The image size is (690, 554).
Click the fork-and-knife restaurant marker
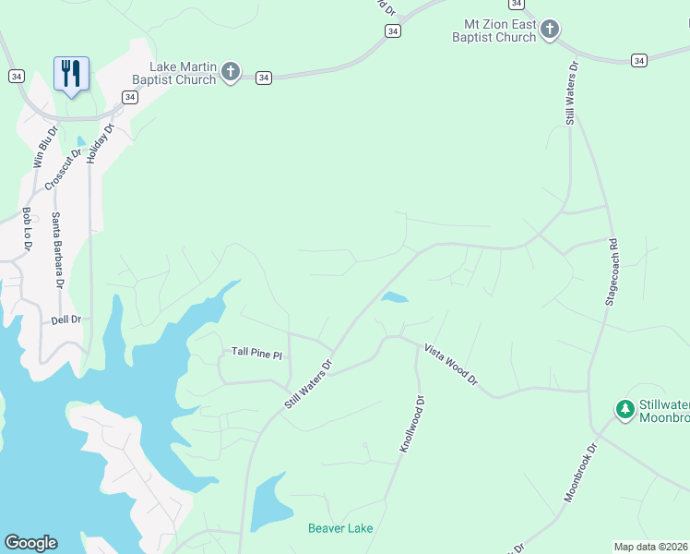click(x=71, y=73)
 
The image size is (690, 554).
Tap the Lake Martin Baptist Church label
click(x=183, y=73)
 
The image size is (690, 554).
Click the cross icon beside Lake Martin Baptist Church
click(x=231, y=72)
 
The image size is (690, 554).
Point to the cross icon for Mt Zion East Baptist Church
click(x=550, y=30)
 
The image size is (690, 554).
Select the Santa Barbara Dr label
click(x=57, y=250)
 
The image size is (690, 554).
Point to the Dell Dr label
click(x=66, y=319)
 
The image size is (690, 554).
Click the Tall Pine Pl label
click(x=256, y=353)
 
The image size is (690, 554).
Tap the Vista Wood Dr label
click(x=451, y=365)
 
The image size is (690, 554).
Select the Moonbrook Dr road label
click(x=581, y=472)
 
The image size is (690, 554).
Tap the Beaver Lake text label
click(x=340, y=528)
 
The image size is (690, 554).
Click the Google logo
click(x=30, y=543)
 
